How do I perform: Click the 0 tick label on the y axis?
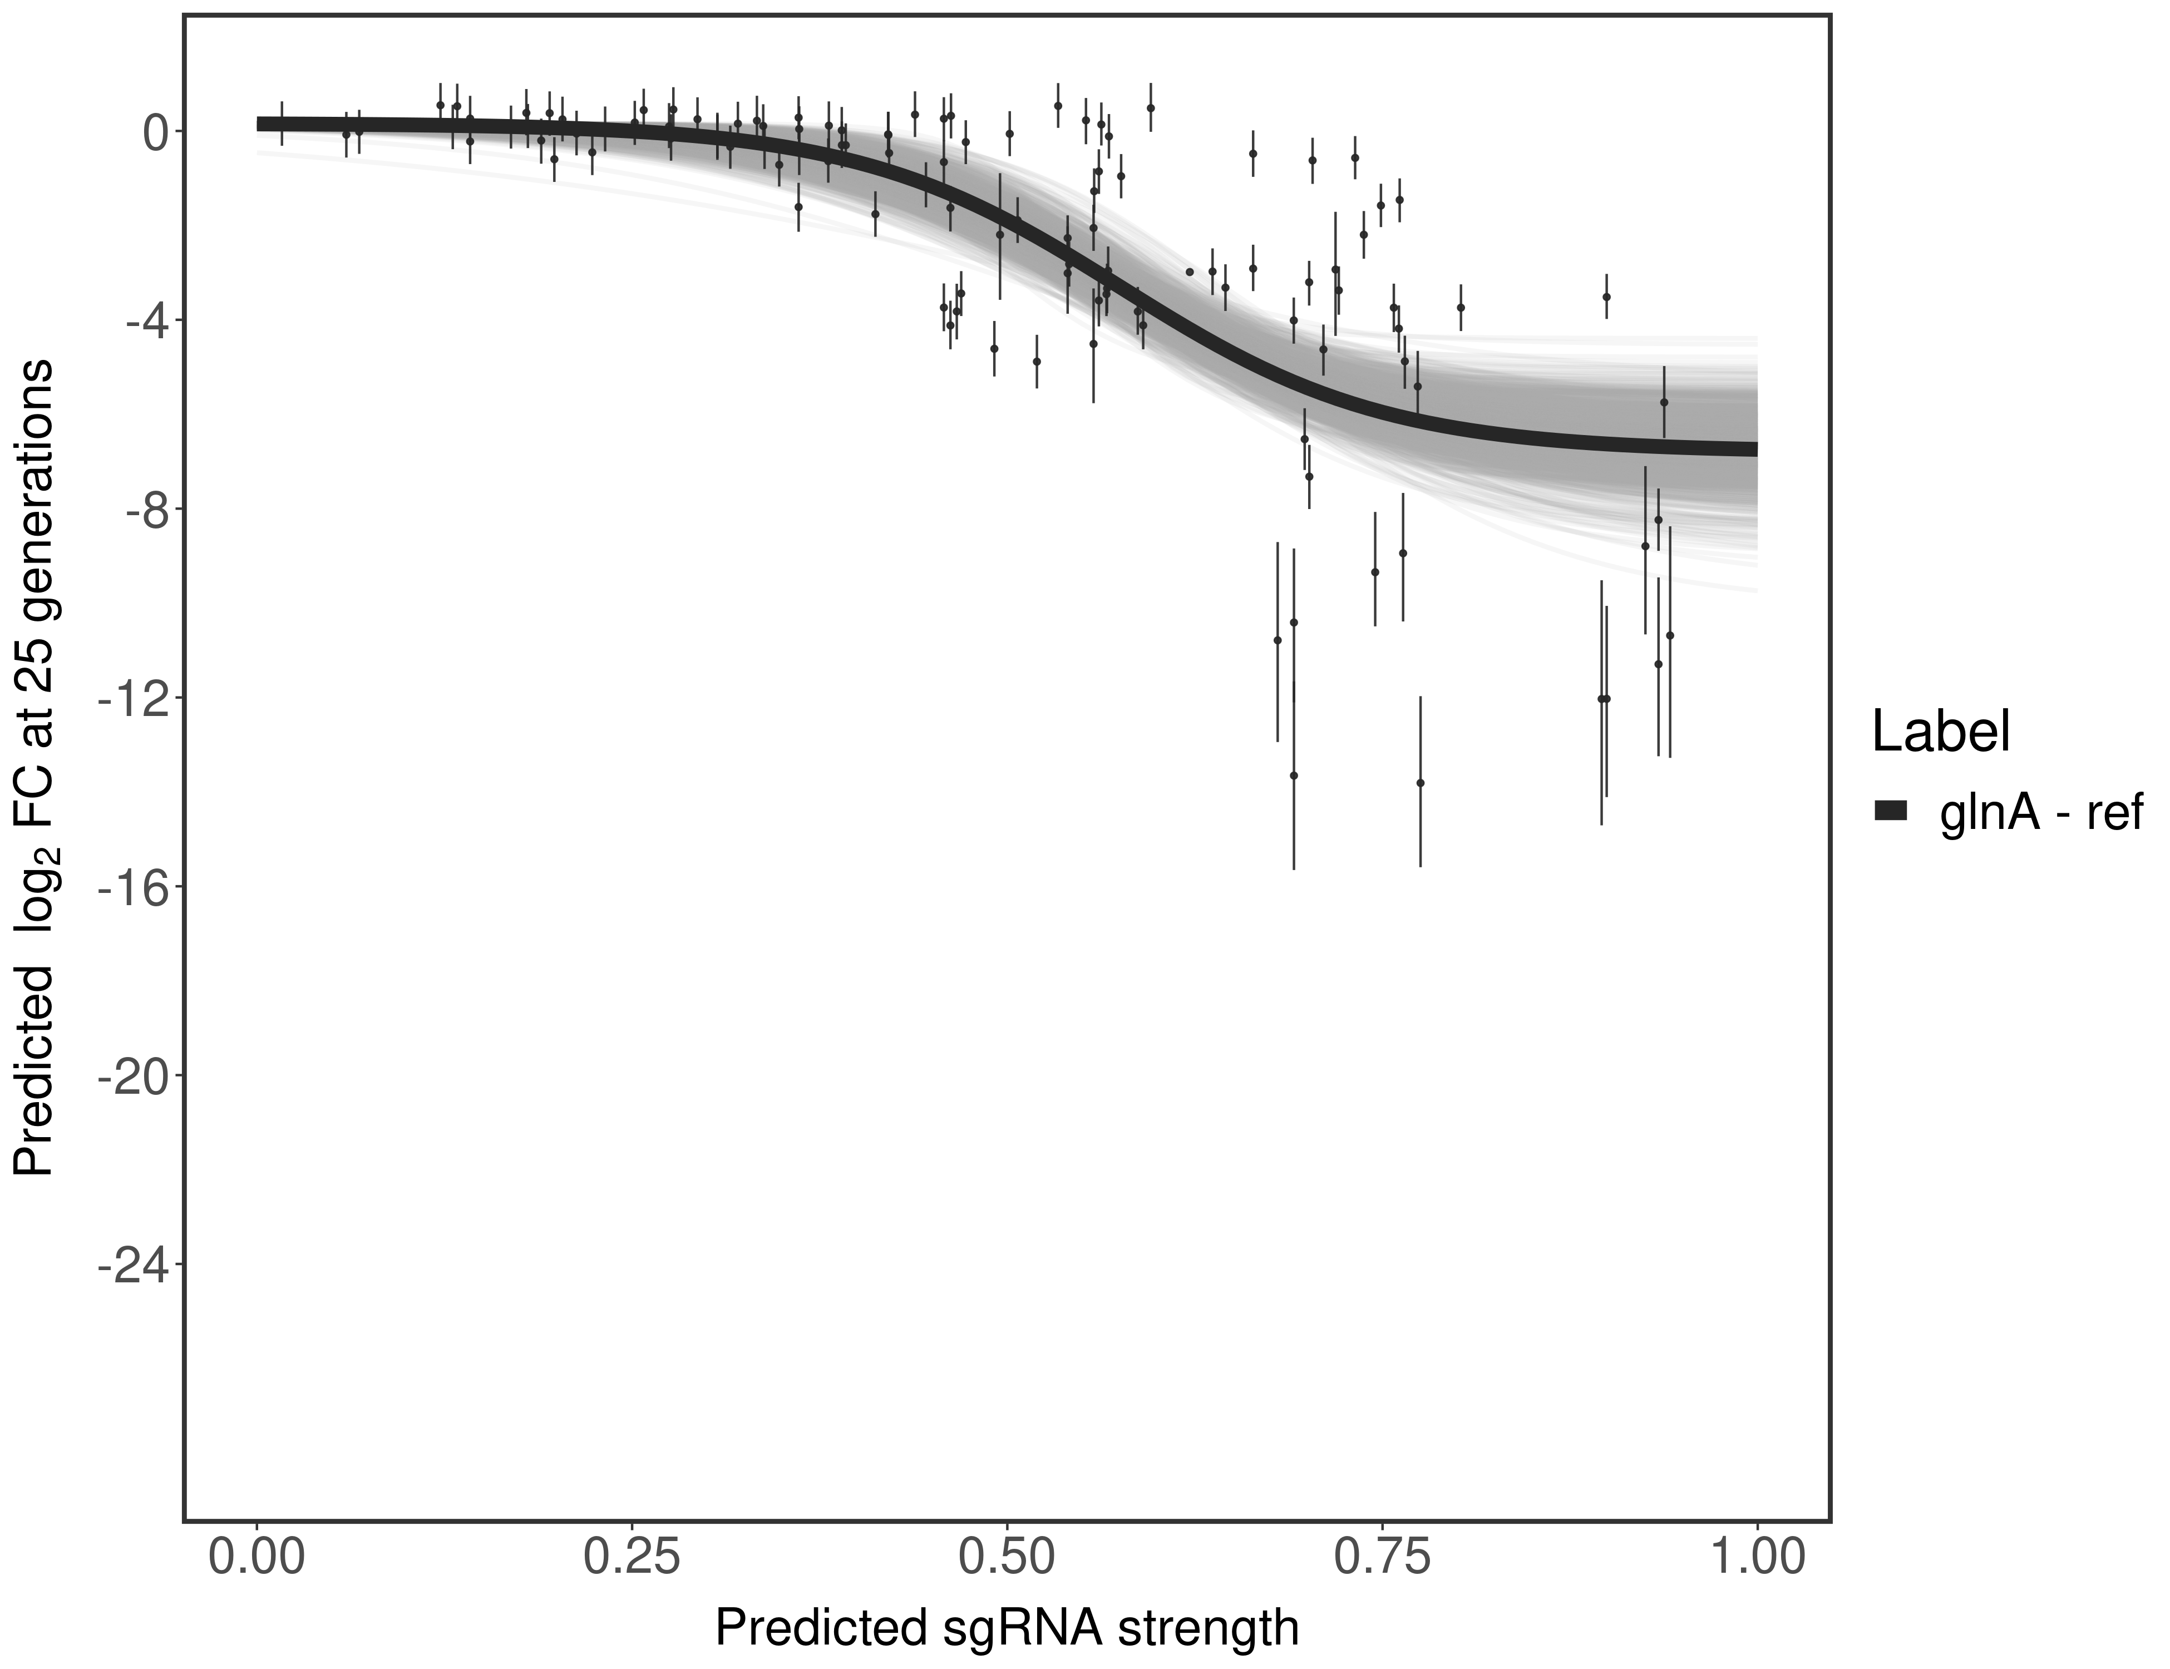point(155,132)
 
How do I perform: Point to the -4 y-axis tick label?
point(142,321)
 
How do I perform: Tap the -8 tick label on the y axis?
point(142,510)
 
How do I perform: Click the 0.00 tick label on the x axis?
point(257,1558)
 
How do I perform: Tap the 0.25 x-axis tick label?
point(632,1558)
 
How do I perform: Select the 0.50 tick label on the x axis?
point(1007,1558)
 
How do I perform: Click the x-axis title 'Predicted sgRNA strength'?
point(1007,1630)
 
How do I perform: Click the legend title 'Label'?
point(1941,732)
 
